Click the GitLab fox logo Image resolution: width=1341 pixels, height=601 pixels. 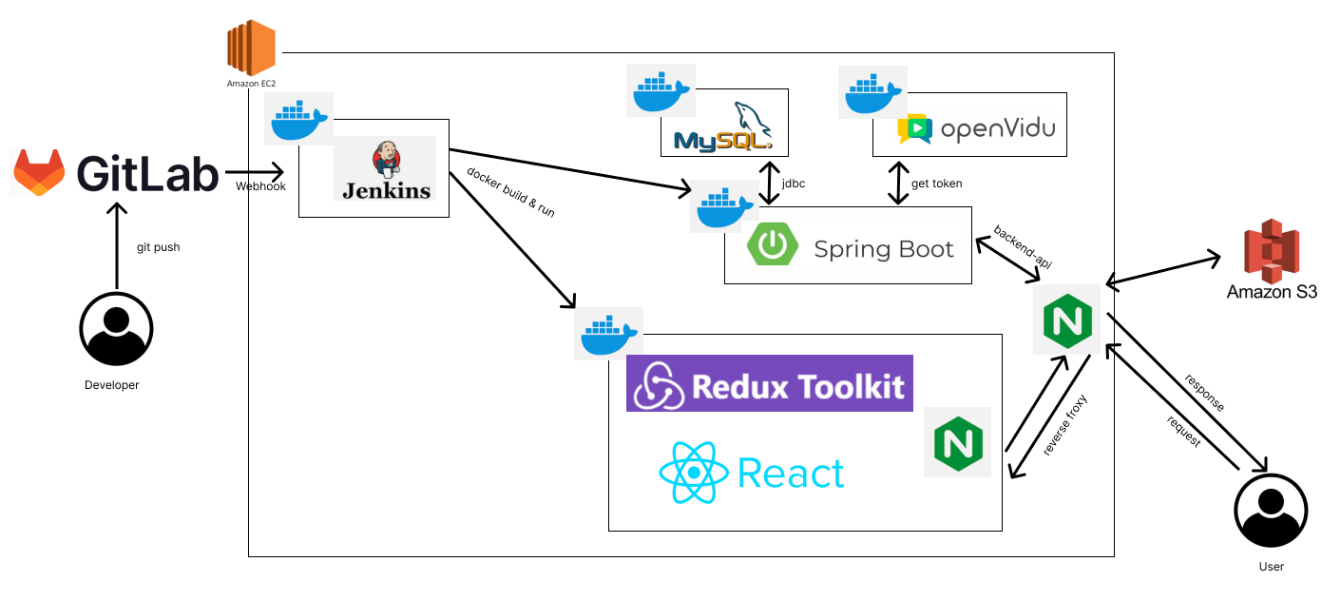tap(39, 172)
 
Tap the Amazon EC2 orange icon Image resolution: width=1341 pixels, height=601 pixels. tap(251, 50)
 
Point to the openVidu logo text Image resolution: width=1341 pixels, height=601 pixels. tap(997, 128)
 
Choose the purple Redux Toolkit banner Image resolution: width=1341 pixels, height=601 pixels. tap(769, 383)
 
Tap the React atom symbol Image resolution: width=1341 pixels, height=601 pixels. tap(694, 473)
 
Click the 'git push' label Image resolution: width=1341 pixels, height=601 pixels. tap(159, 247)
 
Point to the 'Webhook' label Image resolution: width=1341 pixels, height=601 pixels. tap(259, 186)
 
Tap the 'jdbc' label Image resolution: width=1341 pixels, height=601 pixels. tap(793, 184)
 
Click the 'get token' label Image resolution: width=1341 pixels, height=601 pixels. tap(937, 184)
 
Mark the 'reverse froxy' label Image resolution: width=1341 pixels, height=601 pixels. tap(1064, 425)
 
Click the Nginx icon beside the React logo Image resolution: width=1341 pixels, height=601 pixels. tap(957, 442)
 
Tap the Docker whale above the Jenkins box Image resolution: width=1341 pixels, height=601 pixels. tap(298, 119)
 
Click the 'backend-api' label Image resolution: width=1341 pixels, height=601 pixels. tap(1023, 247)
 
